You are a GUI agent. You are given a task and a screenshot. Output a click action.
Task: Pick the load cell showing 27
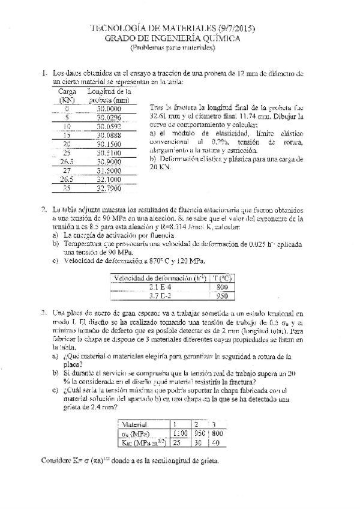click(x=67, y=170)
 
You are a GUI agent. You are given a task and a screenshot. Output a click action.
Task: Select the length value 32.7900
click(x=109, y=188)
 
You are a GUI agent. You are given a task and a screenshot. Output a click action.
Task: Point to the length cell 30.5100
click(x=109, y=153)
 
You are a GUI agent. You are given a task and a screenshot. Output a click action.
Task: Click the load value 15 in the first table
click(x=67, y=136)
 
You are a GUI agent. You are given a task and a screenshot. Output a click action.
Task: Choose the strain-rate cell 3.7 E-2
click(x=160, y=296)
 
